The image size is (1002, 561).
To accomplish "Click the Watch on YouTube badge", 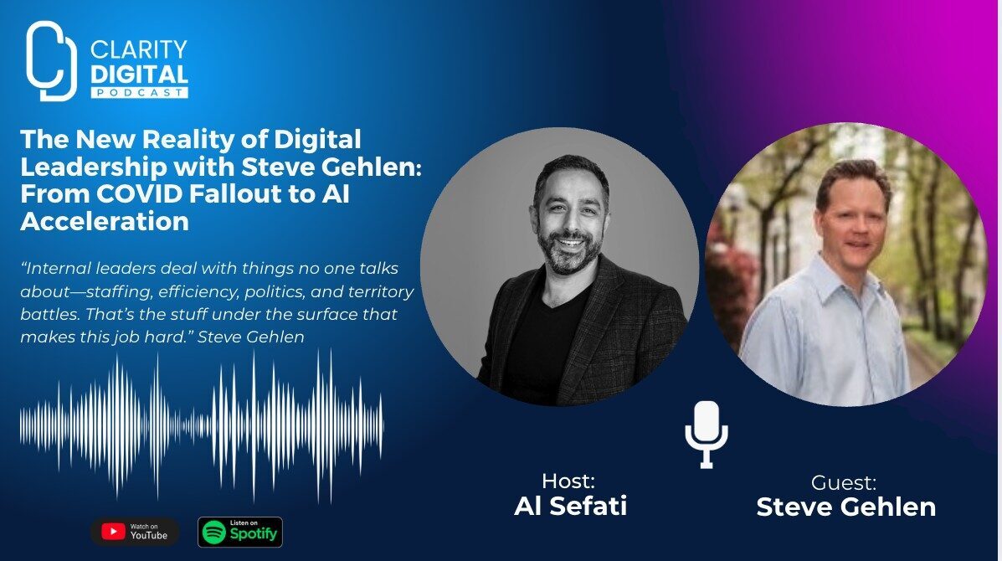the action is (x=135, y=532).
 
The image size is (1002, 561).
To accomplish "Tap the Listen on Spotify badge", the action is (x=240, y=532).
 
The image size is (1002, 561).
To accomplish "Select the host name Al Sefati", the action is (x=571, y=506).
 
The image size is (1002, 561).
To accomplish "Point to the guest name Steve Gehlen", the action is (x=846, y=507).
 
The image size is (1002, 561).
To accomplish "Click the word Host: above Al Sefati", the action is (x=568, y=481).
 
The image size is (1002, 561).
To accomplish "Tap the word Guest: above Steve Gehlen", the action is (x=844, y=482).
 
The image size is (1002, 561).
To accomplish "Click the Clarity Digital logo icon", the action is (x=51, y=61).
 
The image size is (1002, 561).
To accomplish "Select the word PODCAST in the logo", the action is (x=139, y=93).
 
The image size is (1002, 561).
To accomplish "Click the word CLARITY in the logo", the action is (x=139, y=49).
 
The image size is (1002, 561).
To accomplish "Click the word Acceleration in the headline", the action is (x=105, y=221).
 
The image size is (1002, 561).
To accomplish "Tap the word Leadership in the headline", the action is (x=93, y=167).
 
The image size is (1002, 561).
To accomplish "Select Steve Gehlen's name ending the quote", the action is (x=250, y=337).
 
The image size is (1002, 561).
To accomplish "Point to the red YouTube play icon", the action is (x=113, y=532).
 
